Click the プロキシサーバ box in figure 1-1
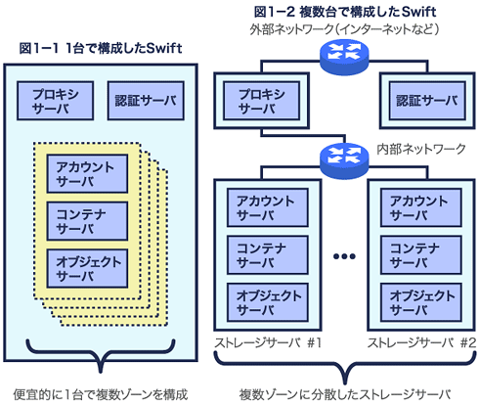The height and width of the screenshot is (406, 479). pos(56,101)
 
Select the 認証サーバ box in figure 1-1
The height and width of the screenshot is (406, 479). pos(146,101)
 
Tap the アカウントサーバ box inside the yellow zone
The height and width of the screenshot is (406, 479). pos(87,174)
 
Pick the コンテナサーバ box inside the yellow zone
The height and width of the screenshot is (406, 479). pos(87,221)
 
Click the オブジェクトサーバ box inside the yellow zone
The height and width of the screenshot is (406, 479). pos(87,269)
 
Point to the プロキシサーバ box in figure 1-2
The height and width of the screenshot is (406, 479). pos(262,101)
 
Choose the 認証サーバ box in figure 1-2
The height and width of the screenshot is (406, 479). pos(427,101)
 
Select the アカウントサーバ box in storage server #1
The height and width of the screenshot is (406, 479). pos(268,207)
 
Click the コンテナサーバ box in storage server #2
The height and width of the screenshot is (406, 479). pos(421,255)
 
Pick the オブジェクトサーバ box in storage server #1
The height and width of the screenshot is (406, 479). pos(268,302)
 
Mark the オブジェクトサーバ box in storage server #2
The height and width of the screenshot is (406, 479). pos(421,302)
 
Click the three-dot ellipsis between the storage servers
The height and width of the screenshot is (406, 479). pos(344,256)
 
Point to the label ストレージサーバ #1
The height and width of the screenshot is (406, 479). pos(268,342)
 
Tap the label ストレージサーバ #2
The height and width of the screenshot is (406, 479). pos(421,342)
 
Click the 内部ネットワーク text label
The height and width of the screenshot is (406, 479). pos(421,149)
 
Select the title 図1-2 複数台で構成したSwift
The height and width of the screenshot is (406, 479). pos(345,12)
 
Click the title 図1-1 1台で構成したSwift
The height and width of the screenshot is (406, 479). pos(101,48)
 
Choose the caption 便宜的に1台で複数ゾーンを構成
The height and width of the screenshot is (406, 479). pos(101,394)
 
